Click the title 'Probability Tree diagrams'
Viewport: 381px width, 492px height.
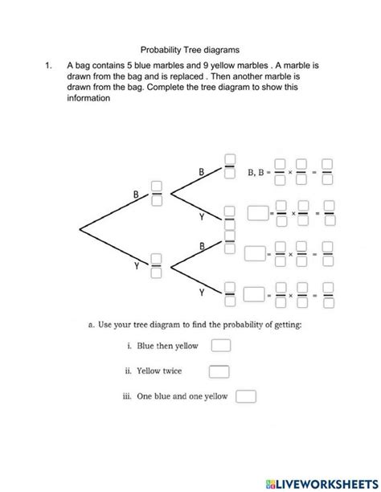pos(190,49)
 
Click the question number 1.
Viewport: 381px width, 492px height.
pos(47,64)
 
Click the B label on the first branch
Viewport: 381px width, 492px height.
pos(137,193)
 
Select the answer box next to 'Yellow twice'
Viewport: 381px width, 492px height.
pos(219,371)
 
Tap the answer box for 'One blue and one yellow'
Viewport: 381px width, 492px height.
pos(246,396)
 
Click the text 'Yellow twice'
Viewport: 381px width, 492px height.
pos(159,371)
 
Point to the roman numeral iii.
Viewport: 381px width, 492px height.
pos(127,396)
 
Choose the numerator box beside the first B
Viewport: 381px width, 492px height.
pos(158,187)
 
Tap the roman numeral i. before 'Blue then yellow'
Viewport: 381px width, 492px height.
pos(129,346)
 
